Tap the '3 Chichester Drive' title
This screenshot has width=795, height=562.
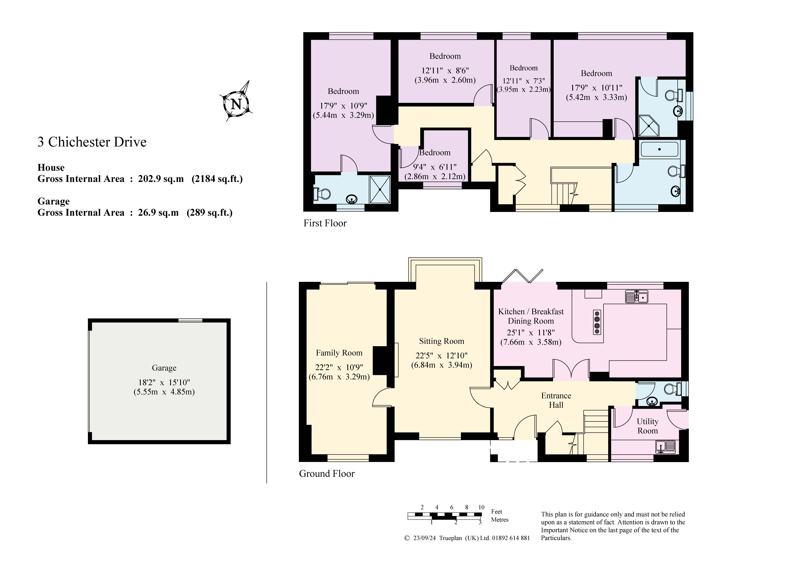click(x=92, y=142)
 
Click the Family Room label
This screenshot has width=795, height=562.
click(x=339, y=353)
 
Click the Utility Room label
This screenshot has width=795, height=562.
click(x=647, y=426)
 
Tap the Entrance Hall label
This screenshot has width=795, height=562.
click(x=556, y=400)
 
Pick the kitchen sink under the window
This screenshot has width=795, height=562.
click(x=636, y=296)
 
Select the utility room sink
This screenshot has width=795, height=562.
click(x=666, y=447)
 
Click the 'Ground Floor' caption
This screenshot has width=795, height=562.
click(x=327, y=474)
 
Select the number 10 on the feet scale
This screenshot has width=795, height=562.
click(x=481, y=507)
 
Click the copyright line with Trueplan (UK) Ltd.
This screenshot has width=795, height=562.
click(x=467, y=538)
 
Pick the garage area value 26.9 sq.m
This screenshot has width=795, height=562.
click(x=158, y=213)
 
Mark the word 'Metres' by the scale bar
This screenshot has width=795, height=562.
click(x=500, y=520)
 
